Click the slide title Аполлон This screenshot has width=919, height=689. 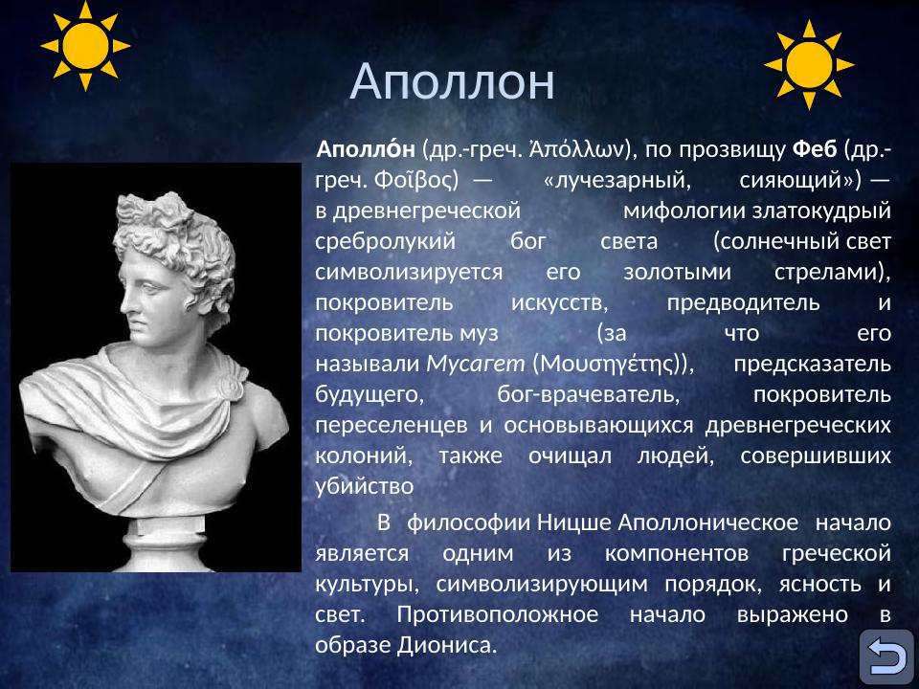tap(452, 82)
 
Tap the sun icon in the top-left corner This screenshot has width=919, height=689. tap(85, 45)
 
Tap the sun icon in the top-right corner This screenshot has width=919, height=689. tap(809, 64)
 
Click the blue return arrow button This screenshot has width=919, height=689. tap(885, 656)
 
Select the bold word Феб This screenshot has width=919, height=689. tap(815, 150)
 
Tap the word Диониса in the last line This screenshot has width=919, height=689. tap(448, 644)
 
